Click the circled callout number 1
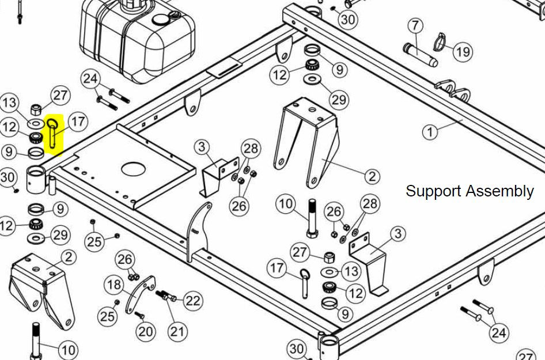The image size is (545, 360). [430, 132]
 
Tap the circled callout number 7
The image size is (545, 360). [415, 26]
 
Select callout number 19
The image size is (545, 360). [463, 52]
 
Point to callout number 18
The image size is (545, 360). [114, 285]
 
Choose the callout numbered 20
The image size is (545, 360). [146, 331]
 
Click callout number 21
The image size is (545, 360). [178, 331]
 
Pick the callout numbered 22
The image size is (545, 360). [192, 300]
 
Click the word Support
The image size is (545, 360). [433, 191]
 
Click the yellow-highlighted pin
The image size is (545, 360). [54, 134]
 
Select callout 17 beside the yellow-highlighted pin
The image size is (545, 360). [78, 122]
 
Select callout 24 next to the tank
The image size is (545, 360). [90, 79]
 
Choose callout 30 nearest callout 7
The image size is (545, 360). [347, 20]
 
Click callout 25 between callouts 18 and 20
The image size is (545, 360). [108, 316]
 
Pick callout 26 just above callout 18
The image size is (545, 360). [126, 260]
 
